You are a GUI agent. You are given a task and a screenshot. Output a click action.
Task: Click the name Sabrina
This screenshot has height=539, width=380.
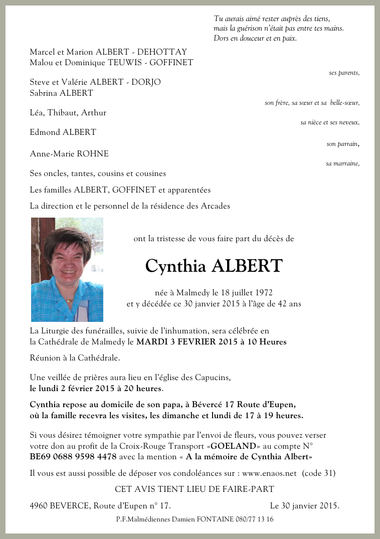point(44,93)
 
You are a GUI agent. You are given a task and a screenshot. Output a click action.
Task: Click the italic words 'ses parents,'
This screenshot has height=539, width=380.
point(344,73)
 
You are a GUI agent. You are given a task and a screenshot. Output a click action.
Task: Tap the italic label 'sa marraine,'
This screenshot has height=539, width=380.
point(342,163)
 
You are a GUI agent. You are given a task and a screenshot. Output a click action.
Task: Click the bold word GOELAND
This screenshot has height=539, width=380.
point(234,446)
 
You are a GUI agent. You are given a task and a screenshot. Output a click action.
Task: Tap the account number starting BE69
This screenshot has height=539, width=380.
point(73,457)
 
